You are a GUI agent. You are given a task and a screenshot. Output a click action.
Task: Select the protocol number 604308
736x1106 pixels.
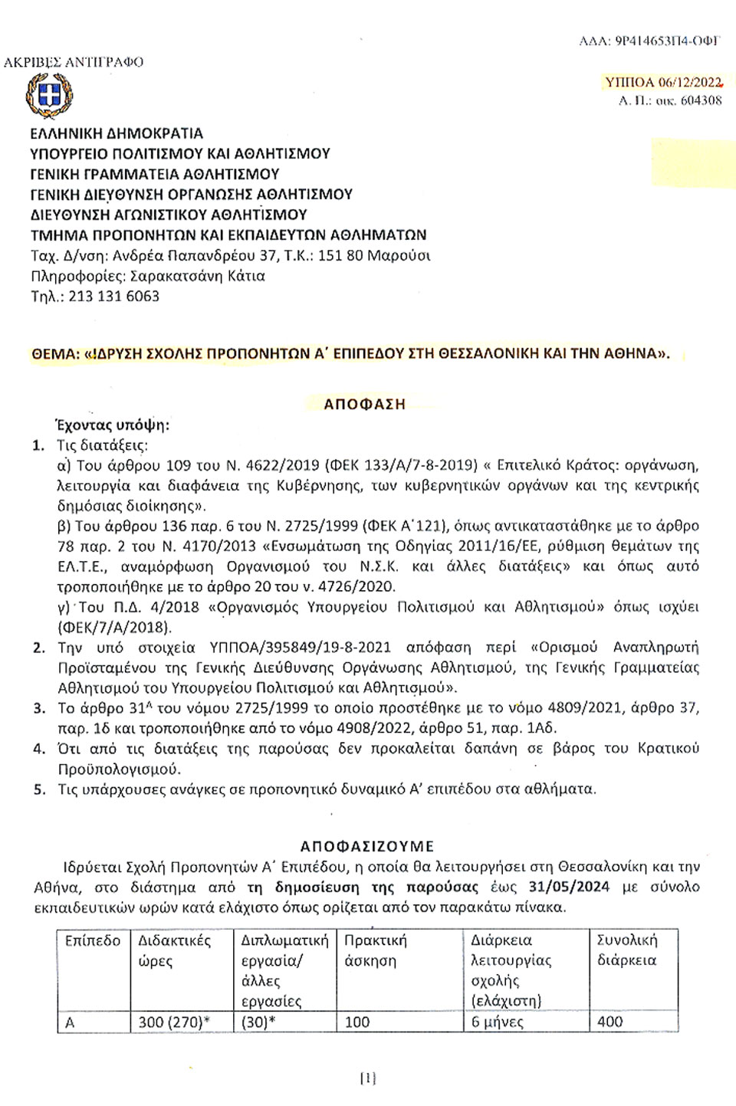tap(701, 100)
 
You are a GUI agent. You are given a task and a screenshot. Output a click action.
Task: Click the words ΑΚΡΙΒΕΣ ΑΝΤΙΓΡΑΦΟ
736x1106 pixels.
tap(74, 62)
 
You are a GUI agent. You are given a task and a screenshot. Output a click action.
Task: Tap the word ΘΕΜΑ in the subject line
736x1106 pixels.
tap(55, 354)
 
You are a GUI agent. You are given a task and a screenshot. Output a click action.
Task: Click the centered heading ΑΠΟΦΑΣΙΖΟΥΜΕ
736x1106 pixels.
tap(367, 846)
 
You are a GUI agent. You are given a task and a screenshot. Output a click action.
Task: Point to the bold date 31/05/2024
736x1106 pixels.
tap(570, 888)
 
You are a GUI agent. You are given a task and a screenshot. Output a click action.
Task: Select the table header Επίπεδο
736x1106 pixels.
tap(93, 940)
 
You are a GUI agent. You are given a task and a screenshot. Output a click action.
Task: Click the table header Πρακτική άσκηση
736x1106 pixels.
tap(376, 950)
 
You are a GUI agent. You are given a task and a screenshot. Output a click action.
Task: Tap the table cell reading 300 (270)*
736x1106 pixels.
tap(174, 1022)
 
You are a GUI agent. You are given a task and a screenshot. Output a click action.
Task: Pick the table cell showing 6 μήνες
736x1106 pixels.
tap(498, 1022)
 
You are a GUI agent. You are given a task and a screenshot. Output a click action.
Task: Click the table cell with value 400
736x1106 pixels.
tap(610, 1022)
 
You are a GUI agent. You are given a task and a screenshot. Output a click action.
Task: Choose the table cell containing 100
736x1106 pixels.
tap(357, 1022)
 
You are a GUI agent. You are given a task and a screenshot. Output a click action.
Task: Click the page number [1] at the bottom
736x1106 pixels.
tap(368, 1078)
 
